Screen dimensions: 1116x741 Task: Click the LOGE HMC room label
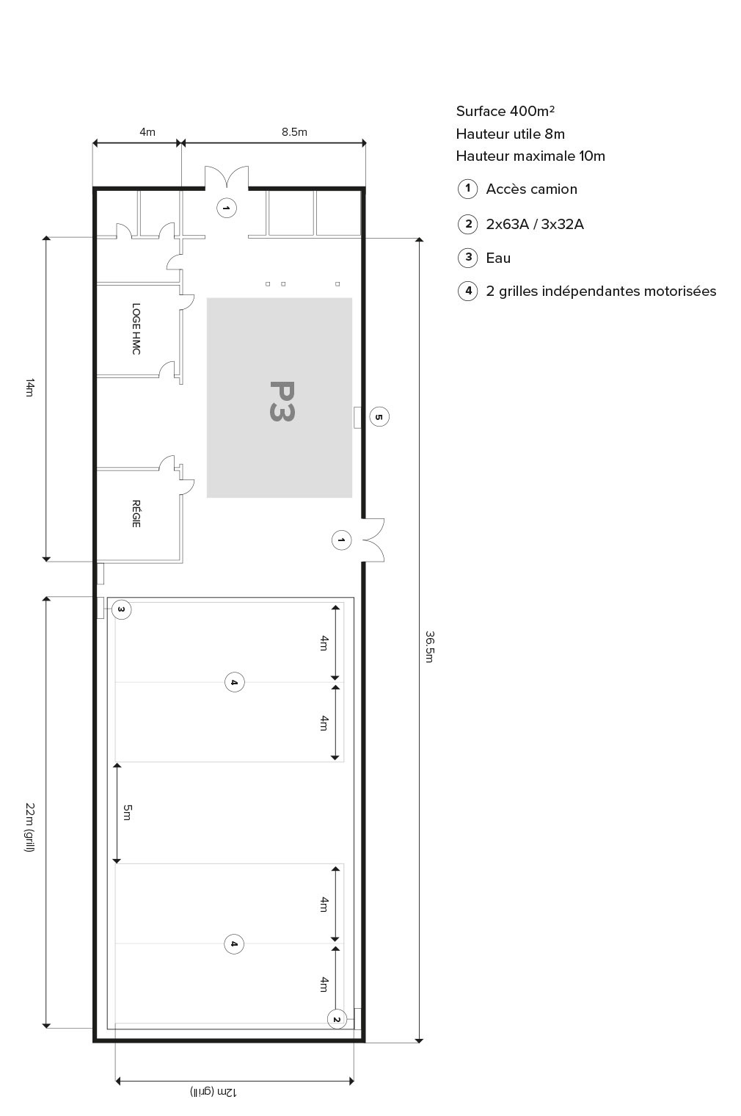click(x=136, y=329)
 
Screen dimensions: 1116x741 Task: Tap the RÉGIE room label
click(x=136, y=513)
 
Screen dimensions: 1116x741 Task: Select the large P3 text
click(x=281, y=401)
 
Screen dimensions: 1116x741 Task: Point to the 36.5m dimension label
click(x=430, y=646)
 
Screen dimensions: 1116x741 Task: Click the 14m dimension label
click(x=29, y=388)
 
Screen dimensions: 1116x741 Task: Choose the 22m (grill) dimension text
click(x=29, y=827)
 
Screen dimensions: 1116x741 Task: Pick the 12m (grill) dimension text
click(x=213, y=1092)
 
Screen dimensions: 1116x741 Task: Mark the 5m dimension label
click(x=127, y=812)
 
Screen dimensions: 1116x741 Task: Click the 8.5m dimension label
click(x=294, y=132)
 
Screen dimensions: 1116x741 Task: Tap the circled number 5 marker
click(x=379, y=417)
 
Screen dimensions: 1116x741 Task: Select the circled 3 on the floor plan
click(x=121, y=609)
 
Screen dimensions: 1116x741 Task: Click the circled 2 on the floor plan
click(x=336, y=1019)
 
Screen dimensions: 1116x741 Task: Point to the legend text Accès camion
click(x=531, y=189)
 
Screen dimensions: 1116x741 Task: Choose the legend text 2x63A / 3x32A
click(x=535, y=225)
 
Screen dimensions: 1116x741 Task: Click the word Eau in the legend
click(x=498, y=258)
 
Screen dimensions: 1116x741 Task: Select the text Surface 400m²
click(x=505, y=112)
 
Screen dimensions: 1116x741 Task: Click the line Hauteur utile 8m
click(x=510, y=134)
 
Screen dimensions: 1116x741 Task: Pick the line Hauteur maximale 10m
click(x=530, y=156)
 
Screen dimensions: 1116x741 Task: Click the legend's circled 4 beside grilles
click(x=467, y=291)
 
